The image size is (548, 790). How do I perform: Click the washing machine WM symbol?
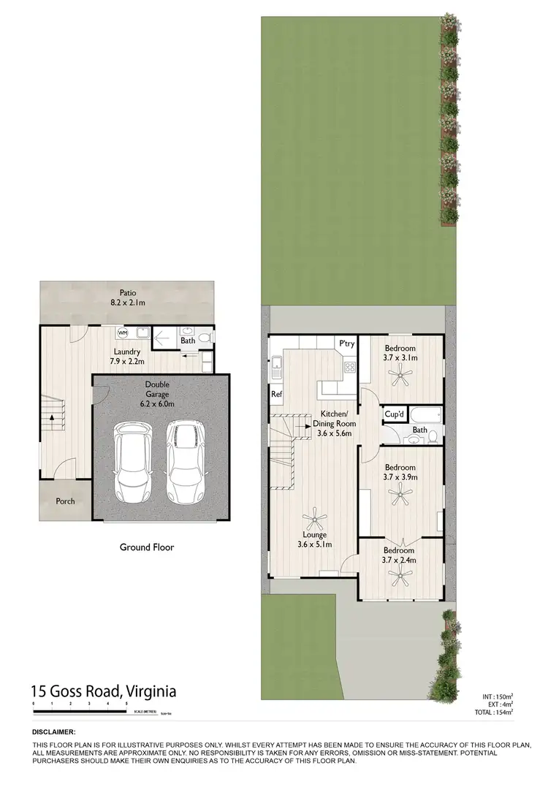click(122, 333)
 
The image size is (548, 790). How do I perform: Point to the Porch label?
click(65, 501)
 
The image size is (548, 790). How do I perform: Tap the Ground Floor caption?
click(147, 547)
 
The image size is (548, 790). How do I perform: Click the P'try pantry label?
click(346, 343)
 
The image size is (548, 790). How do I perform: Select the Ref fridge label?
click(276, 395)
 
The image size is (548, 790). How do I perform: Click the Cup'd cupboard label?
click(395, 415)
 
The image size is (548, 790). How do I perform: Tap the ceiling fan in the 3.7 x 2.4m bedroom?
click(400, 577)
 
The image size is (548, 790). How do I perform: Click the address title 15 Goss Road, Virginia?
click(103, 691)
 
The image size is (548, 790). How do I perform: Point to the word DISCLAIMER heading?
click(53, 732)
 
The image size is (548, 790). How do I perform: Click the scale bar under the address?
click(80, 710)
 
